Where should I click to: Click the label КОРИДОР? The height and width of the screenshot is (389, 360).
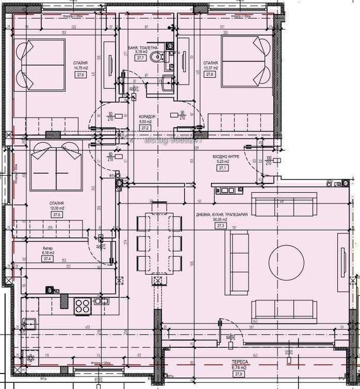click(x=147, y=117)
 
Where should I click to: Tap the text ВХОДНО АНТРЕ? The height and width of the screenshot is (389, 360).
click(x=226, y=157)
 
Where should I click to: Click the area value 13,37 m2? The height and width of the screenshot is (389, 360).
click(x=210, y=68)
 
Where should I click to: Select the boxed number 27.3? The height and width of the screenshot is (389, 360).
click(x=220, y=226)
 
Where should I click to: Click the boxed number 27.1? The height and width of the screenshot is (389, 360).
click(x=224, y=168)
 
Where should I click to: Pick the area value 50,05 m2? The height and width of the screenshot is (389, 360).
click(x=220, y=220)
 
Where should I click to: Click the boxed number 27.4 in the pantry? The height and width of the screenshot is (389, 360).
click(x=47, y=259)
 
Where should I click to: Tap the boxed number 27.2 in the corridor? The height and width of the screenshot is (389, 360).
click(x=147, y=127)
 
